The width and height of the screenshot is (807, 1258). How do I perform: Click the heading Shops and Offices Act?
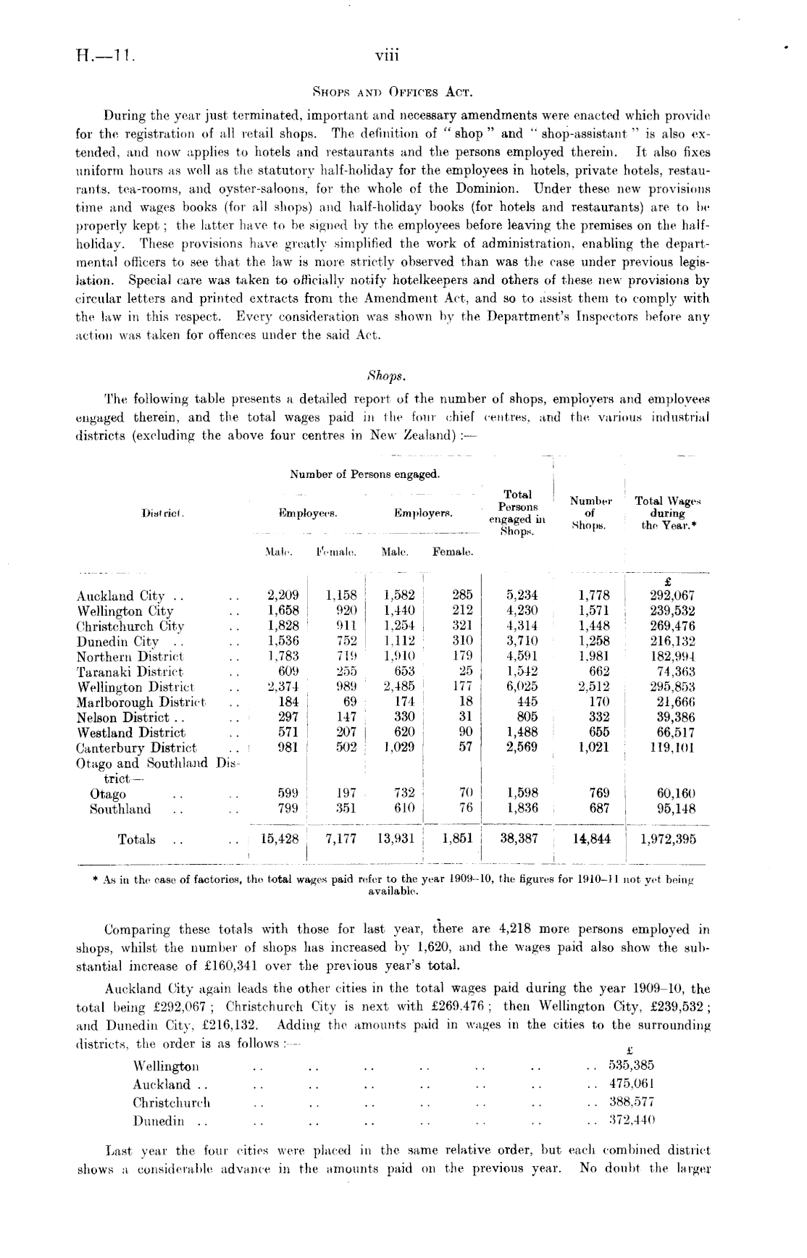pyautogui.click(x=392, y=92)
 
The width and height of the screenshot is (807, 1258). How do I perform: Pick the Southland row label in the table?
pyautogui.click(x=120, y=809)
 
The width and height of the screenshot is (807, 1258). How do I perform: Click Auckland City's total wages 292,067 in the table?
pyautogui.click(x=670, y=596)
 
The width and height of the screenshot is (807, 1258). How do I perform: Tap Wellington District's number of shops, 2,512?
pyautogui.click(x=594, y=687)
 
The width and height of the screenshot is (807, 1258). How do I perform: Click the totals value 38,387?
pyautogui.click(x=519, y=839)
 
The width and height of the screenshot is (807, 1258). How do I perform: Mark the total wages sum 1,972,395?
pyautogui.click(x=668, y=839)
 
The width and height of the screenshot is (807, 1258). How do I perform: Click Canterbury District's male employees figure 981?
pyautogui.click(x=288, y=747)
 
